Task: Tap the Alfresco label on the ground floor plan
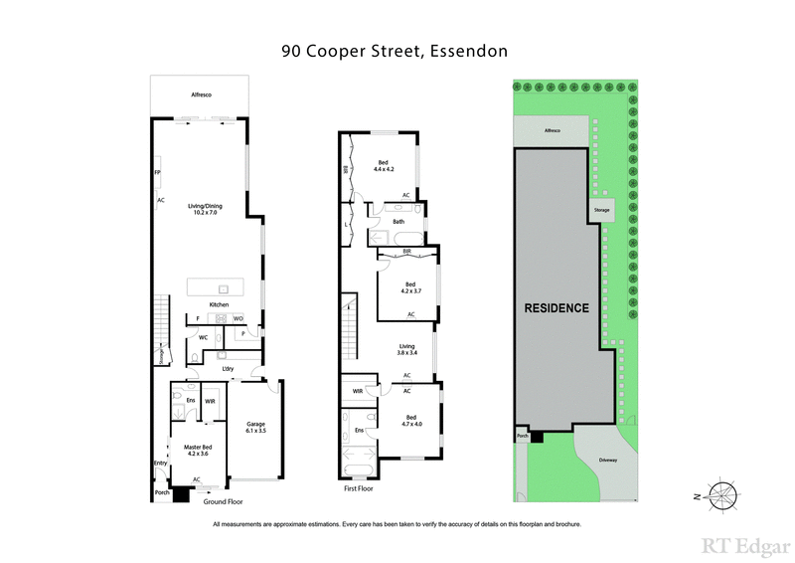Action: coord(202,94)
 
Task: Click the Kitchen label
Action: coord(219,303)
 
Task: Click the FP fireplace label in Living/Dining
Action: coord(157,173)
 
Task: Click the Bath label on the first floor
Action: coord(398,221)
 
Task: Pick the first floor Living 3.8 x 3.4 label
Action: coord(407,349)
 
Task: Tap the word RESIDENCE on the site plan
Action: coord(556,308)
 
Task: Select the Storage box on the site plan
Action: coord(600,211)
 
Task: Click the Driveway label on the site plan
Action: coord(607,460)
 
